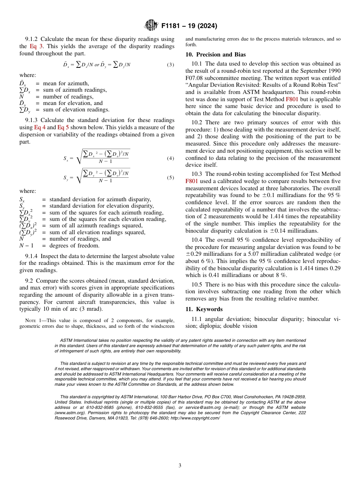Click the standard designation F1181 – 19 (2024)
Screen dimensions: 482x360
pos(189,26)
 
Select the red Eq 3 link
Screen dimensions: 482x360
pos(36,46)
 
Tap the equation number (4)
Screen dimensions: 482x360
pos(171,158)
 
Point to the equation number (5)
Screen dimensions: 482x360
pos(171,177)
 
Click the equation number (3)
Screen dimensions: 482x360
pos(171,65)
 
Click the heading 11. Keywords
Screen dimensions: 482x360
pos(205,309)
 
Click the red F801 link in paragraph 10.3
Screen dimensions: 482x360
pos(192,181)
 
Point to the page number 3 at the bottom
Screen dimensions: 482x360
pos(180,466)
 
